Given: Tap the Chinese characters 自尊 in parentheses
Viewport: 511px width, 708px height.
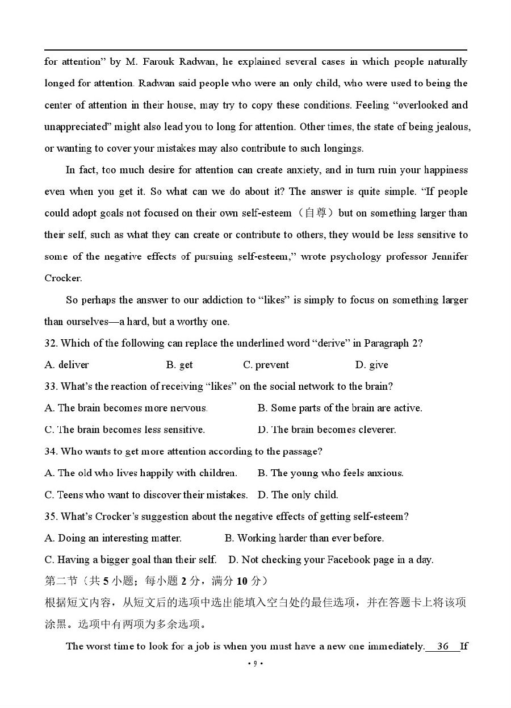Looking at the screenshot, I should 316,213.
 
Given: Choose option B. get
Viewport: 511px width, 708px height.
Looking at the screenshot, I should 179,365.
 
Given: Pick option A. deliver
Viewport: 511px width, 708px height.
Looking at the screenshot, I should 66,365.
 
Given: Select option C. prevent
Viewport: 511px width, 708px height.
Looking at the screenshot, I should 266,365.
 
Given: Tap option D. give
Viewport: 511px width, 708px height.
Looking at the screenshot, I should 372,365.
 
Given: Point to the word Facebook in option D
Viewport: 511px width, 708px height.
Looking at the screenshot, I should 349,560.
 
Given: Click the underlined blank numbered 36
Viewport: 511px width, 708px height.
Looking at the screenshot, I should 443,646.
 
